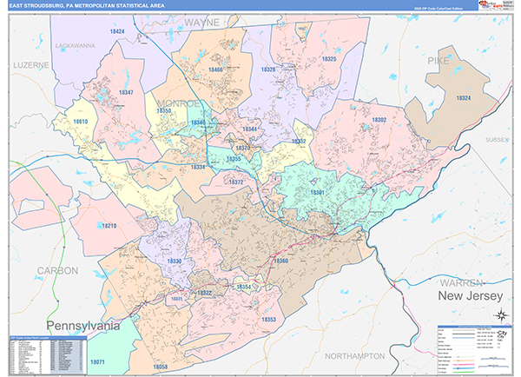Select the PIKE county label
439,60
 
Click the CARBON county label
57,270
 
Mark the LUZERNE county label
31,65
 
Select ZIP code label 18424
116,31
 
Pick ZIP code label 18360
280,261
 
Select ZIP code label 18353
268,320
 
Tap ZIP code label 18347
126,92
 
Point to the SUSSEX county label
496,139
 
